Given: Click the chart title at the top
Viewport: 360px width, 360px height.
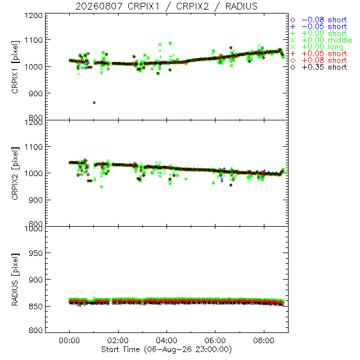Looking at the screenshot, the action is pos(166,6).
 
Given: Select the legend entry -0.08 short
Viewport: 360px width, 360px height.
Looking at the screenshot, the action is pos(319,20).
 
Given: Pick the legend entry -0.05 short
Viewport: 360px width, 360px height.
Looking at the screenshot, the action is pos(319,26).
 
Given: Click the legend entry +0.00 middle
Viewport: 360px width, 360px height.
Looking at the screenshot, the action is pos(321,40).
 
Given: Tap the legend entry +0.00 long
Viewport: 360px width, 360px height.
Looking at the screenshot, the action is pos(317,47).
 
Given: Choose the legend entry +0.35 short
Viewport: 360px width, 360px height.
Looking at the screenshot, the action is pos(319,67).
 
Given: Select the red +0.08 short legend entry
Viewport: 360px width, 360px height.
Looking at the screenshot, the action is pos(319,61).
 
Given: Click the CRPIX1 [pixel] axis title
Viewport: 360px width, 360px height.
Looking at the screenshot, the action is pos(15,67).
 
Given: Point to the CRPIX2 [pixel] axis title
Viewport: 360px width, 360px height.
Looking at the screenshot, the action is pos(15,174).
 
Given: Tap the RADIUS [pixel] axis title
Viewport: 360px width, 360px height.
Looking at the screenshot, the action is pos(15,280).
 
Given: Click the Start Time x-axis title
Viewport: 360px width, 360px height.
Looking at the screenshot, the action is pos(166,349).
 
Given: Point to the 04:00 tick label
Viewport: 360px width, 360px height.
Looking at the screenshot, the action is pos(166,340).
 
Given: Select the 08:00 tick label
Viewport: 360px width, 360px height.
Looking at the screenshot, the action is pos(264,340).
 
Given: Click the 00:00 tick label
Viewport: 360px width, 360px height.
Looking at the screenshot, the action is pos(69,340).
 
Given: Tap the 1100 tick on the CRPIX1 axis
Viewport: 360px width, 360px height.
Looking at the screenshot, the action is pos(34,40).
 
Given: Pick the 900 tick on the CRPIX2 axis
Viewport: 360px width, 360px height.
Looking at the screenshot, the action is pos(35,200).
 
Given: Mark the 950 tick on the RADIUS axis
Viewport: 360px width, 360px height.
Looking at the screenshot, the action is pos(35,253).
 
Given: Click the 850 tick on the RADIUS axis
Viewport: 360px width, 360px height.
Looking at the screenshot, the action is pos(35,306).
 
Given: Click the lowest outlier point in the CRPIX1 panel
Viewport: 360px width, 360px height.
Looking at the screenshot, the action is pos(94,102).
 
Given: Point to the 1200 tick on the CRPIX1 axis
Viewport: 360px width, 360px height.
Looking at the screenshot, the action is pos(34,15).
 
